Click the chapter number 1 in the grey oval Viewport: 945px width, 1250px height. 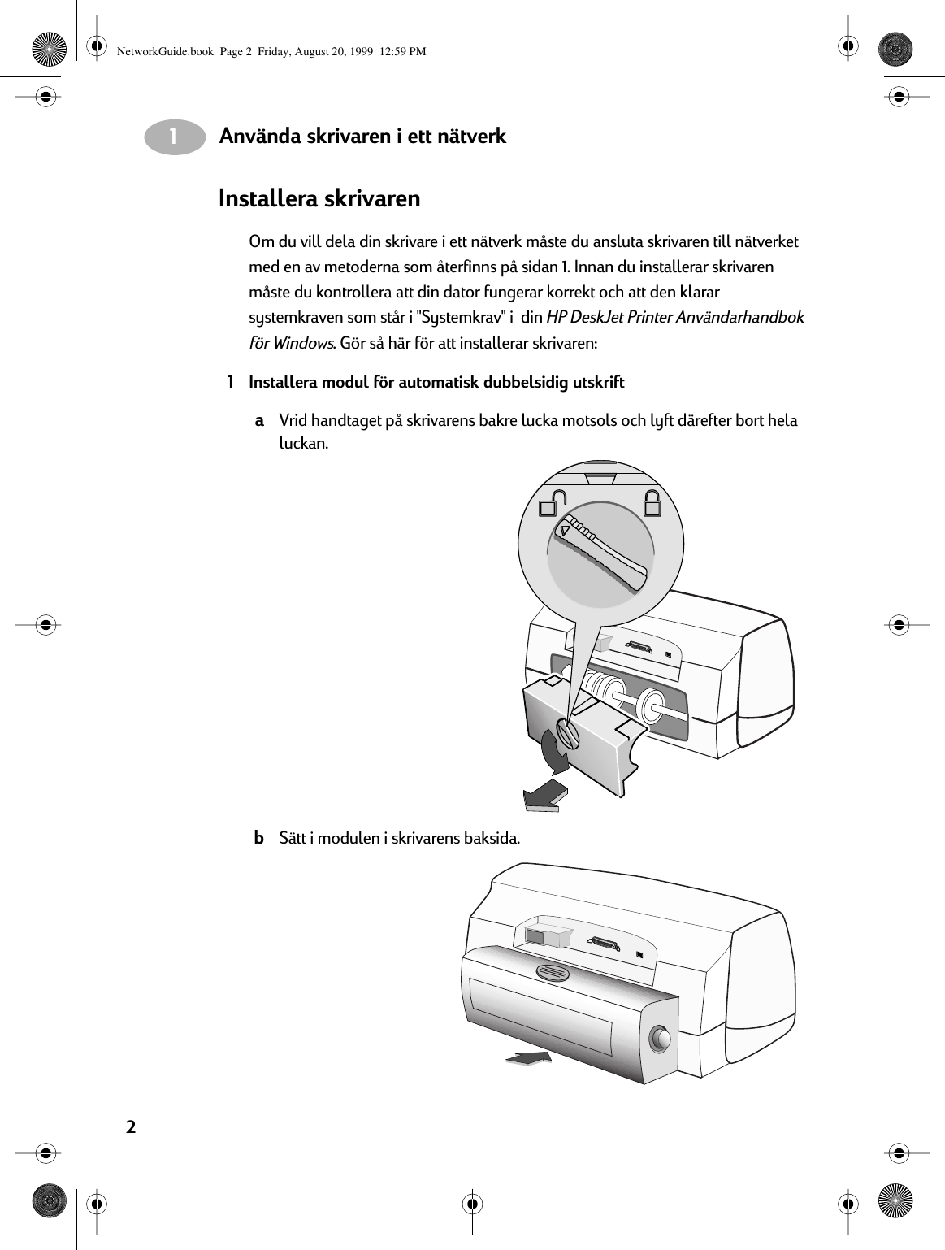point(174,137)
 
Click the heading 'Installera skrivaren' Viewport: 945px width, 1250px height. point(319,199)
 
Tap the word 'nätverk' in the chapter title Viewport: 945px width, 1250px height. point(472,136)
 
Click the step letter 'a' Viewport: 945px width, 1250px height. point(259,421)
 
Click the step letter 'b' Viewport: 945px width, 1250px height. point(258,838)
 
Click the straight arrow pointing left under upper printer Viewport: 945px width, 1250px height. point(544,795)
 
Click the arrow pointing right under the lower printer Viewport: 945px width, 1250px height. point(529,1057)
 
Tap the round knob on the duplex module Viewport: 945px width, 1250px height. point(660,1039)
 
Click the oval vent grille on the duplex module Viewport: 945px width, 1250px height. point(555,970)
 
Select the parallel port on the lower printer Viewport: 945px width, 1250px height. point(604,945)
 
